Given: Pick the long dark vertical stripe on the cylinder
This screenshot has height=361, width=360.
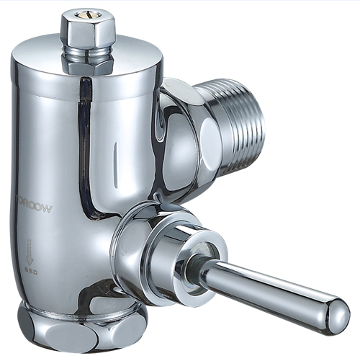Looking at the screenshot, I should coord(84,144).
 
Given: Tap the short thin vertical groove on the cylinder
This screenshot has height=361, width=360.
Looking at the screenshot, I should coord(116,154).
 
